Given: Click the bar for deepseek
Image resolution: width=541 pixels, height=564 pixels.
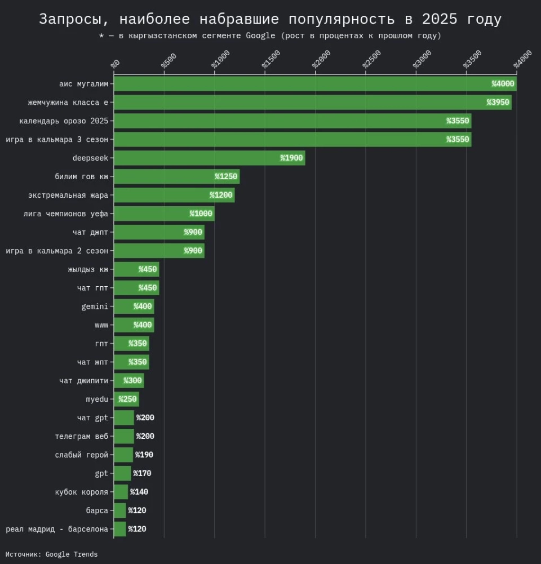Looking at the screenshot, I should coord(209,158).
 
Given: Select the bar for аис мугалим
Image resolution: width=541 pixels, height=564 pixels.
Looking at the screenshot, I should coord(315,84).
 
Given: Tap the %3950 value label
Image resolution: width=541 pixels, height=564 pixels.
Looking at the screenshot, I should coord(498,103).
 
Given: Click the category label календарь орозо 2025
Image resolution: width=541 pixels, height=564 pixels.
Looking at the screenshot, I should coord(64,121).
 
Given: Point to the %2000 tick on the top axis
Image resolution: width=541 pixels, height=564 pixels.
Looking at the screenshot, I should coord(322,59).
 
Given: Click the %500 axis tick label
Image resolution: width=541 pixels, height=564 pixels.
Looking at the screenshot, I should coord(169,60).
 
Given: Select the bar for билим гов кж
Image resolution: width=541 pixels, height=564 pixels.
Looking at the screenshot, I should coord(176,176).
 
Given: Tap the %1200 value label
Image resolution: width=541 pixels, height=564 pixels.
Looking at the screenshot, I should coord(221,195).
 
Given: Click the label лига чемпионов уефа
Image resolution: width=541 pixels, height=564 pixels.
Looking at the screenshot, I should coord(66,214).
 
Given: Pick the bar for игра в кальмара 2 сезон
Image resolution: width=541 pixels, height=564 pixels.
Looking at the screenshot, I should coord(159,251).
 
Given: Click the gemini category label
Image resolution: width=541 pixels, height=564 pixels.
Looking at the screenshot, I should coord(95,307).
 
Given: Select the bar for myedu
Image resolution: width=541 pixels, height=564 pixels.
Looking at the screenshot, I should coord(126,399).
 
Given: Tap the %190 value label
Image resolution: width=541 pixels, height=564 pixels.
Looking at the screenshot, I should coord(144,455).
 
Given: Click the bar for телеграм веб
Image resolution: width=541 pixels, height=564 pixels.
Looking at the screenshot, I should coord(124,436).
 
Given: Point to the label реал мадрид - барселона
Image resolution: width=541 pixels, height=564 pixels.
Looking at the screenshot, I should coord(57,529).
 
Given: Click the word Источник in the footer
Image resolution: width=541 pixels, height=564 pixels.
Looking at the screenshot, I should coord(22,554).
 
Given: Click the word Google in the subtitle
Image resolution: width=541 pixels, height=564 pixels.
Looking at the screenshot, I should coord(259,35).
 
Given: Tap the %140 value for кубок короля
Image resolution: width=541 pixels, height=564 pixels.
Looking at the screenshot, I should coord(139,492).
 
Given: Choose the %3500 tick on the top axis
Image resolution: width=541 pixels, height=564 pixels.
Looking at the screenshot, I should coord(473,59).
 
